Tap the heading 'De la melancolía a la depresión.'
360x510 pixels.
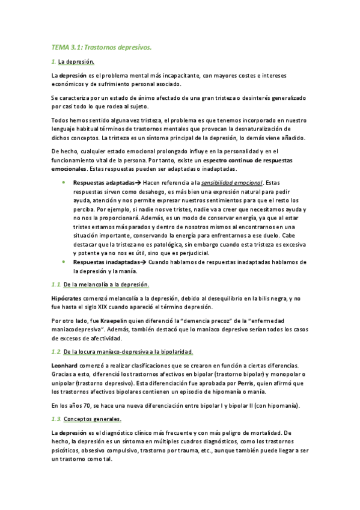[106, 283]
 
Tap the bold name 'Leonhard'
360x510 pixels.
[66, 366]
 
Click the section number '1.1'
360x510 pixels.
[55, 283]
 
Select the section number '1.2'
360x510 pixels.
[55, 351]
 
